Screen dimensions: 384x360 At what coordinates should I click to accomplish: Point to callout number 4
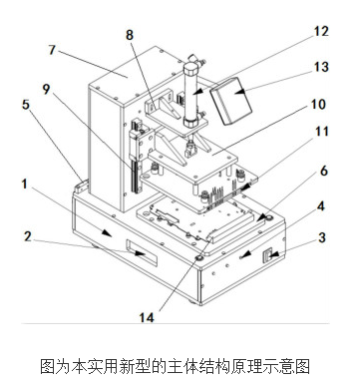[x=320, y=204]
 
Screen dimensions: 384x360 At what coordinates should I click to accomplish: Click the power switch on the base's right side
[x=268, y=257]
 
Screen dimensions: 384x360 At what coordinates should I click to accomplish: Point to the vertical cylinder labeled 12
[x=192, y=90]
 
